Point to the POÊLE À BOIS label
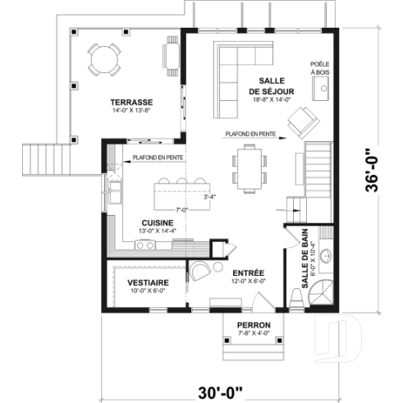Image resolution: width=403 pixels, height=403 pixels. point(319,68)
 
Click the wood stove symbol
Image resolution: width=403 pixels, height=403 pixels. point(325,87)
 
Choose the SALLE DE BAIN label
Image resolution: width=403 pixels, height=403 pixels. point(306,262)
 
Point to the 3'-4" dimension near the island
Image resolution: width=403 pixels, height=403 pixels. point(212,197)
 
